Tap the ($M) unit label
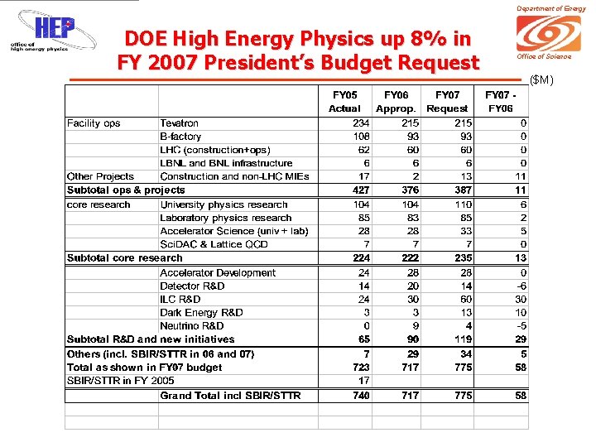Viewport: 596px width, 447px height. click(541, 79)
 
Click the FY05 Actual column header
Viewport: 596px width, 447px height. click(344, 102)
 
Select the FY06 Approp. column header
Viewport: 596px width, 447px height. click(396, 102)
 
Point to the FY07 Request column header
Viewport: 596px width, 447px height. click(447, 102)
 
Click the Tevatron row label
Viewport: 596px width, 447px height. click(179, 123)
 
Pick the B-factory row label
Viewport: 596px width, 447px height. click(180, 137)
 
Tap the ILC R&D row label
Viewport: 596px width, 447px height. click(180, 299)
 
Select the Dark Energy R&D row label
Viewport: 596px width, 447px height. click(201, 312)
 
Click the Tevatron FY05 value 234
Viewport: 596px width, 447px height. click(361, 123)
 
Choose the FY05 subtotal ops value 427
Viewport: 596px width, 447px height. click(361, 190)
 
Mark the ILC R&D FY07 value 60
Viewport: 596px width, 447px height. click(466, 299)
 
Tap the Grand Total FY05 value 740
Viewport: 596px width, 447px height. click(361, 396)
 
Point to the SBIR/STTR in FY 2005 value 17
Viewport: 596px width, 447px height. click(363, 380)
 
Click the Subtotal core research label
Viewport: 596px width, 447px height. click(124, 257)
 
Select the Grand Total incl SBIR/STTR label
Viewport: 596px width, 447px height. click(230, 396)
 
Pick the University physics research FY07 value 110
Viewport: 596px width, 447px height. click(464, 204)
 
